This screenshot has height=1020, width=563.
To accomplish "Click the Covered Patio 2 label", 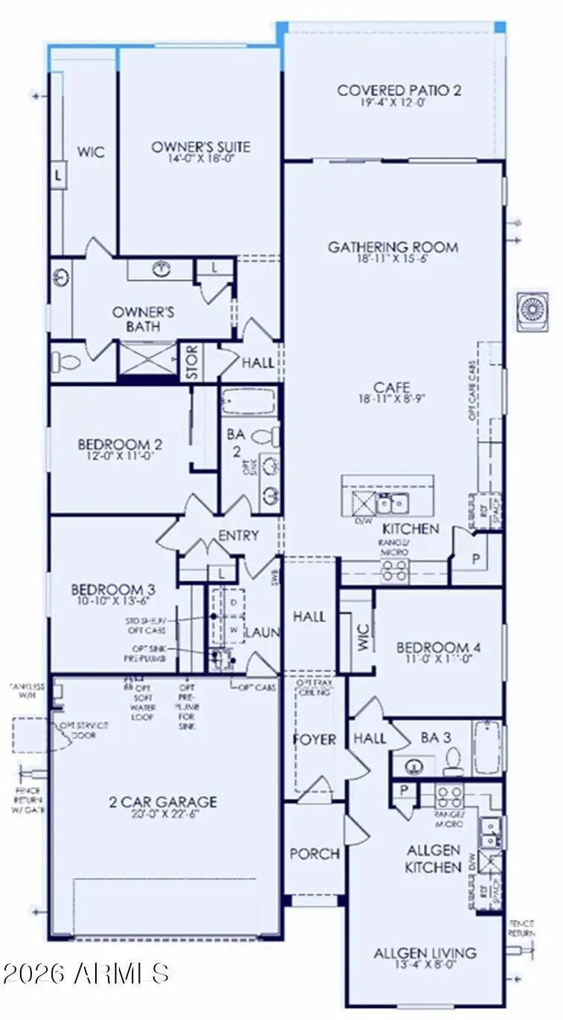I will [x=399, y=90].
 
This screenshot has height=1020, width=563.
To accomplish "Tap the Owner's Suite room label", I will [x=201, y=147].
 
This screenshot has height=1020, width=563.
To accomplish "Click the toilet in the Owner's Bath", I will [x=66, y=363].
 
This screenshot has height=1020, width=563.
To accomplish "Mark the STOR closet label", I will [x=191, y=363].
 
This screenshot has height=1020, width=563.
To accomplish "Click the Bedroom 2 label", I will [x=120, y=444].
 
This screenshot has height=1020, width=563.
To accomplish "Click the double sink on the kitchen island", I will [x=390, y=504].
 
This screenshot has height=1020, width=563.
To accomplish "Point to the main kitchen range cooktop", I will [x=394, y=571].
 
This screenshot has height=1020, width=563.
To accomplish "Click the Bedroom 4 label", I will [x=438, y=647].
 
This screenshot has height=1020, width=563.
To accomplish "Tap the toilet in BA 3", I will [x=453, y=759].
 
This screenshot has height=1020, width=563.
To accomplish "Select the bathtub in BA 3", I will [x=488, y=748].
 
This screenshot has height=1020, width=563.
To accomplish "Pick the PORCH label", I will [x=315, y=853].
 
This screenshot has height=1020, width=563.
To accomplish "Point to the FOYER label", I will [x=315, y=739].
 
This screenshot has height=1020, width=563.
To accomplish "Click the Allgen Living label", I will [x=425, y=953].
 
